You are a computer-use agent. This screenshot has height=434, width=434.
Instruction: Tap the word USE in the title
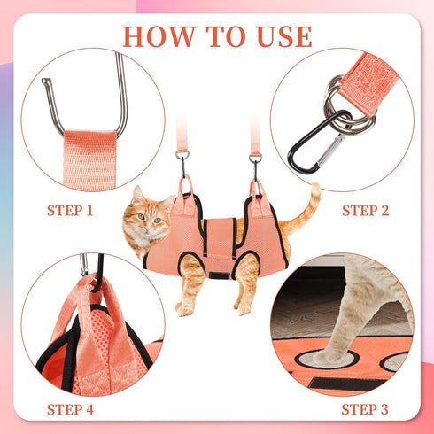[280, 36]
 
